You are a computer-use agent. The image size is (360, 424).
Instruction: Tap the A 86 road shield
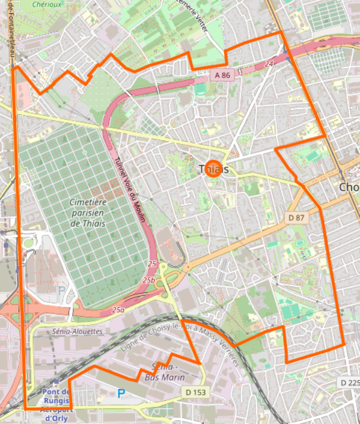click(223, 75)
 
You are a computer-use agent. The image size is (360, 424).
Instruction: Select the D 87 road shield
click(296, 218)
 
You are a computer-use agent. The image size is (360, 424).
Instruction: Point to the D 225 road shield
click(350, 382)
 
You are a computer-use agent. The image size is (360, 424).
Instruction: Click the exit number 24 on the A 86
click(270, 63)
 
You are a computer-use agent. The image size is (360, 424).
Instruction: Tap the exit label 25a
click(118, 310)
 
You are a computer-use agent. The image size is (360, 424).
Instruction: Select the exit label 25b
click(149, 279)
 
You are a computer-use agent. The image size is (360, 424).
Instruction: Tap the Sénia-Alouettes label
click(77, 331)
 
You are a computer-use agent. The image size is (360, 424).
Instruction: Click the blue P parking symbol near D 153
click(121, 393)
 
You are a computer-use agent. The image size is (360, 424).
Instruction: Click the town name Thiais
click(212, 169)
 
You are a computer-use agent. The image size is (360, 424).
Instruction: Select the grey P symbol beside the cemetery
click(61, 291)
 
